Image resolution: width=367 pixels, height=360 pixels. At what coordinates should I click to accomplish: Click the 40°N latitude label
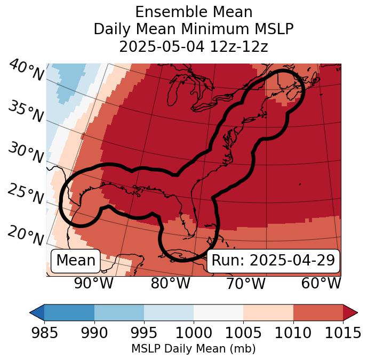click(26, 71)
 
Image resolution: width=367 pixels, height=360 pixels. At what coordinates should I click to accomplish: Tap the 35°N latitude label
click(25, 112)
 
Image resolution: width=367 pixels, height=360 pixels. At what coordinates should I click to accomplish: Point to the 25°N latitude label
click(25, 194)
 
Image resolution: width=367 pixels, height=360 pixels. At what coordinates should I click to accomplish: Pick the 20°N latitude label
click(25, 235)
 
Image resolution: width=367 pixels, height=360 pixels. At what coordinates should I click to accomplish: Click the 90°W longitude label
click(94, 284)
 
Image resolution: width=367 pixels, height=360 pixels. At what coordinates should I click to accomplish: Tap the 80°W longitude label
click(170, 284)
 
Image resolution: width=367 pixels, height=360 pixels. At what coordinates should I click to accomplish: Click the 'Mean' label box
click(76, 261)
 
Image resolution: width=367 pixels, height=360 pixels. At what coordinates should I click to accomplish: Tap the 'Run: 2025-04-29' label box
click(273, 261)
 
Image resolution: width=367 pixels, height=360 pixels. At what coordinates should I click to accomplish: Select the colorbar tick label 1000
click(194, 333)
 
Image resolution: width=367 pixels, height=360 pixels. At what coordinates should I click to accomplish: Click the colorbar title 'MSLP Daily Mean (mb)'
click(194, 349)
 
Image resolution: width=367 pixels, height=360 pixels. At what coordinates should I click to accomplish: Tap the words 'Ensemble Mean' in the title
click(194, 12)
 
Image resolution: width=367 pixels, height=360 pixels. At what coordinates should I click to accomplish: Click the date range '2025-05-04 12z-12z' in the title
click(194, 46)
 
